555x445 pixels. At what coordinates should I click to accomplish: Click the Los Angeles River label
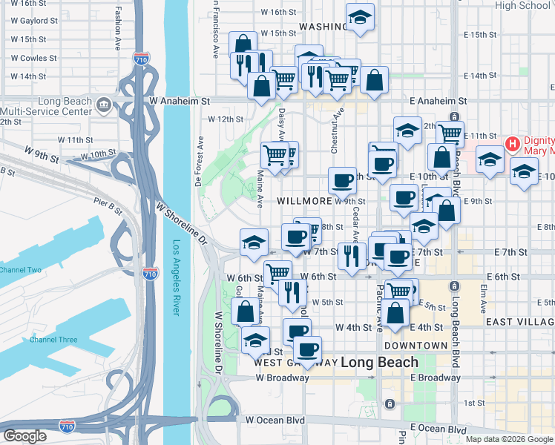[176, 277]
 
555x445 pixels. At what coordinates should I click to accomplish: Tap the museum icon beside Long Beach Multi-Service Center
[104, 104]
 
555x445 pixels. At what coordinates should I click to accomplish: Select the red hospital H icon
[511, 143]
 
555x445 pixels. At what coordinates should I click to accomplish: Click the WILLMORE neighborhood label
[303, 201]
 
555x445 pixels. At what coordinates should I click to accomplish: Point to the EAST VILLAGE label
[519, 322]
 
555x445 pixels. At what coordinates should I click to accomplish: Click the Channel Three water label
[53, 340]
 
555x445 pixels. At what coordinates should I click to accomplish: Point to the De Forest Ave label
[199, 160]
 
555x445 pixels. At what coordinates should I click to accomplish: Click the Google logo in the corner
[25, 436]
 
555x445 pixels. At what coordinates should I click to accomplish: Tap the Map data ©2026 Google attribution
[509, 439]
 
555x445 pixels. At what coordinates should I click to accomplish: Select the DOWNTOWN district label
[416, 346]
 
